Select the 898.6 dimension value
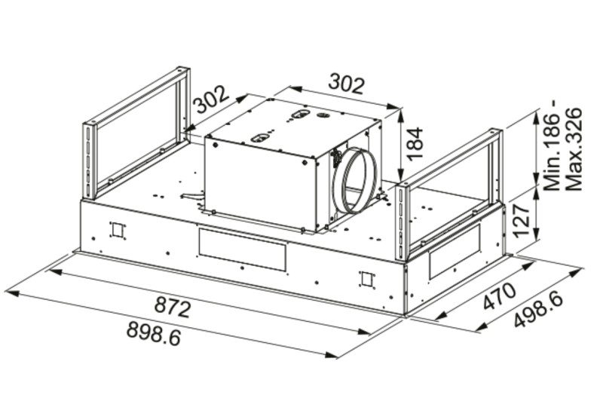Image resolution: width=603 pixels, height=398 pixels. pos(154,332)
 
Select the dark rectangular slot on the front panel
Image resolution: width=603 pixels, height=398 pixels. pos(242,250)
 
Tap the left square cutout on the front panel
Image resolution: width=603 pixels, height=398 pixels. pos(117,230)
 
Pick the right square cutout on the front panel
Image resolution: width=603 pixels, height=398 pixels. pos(366,279)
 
